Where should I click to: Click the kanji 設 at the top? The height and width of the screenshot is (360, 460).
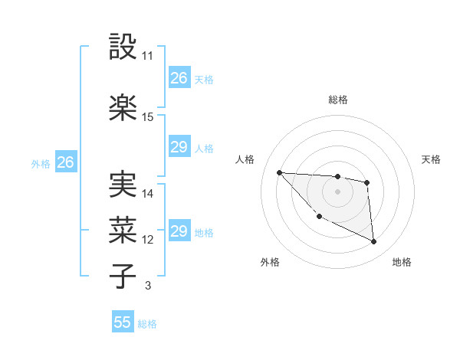124,47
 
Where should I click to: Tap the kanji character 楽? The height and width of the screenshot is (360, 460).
124,106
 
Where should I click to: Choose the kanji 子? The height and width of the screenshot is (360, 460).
124,275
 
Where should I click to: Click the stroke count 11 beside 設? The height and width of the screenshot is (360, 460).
147,57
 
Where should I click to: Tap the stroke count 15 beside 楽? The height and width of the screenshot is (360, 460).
147,117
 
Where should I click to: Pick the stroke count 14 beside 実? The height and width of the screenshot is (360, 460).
147,194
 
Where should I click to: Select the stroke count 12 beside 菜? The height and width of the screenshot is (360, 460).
147,240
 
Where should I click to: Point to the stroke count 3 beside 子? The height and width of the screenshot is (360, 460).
147,286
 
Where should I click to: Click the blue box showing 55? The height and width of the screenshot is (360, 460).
123,322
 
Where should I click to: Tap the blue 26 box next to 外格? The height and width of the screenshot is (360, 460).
65,162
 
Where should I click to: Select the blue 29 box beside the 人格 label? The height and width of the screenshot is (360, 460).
179,148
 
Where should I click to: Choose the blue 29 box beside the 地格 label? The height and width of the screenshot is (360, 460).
179,231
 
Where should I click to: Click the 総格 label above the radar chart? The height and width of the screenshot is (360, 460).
337,100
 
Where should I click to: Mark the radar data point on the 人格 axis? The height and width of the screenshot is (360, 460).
279,172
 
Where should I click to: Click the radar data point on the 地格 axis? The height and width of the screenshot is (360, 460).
373,242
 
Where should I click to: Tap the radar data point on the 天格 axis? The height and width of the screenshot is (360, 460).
367,182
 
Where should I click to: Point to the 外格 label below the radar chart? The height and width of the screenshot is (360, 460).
270,263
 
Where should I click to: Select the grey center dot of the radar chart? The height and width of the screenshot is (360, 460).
337,191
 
